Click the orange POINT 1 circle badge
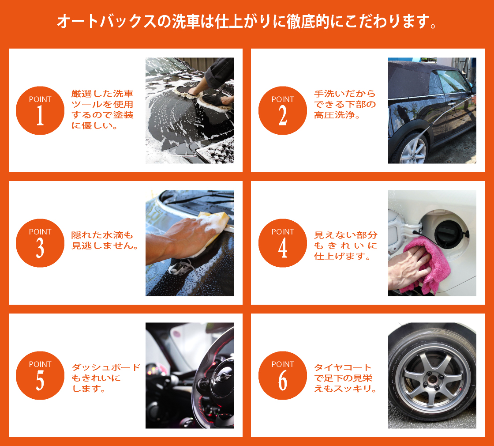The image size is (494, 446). (40, 110)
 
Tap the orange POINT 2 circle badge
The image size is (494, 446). (283, 110)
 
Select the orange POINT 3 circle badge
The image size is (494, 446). (40, 243)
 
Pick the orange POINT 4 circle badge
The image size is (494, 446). (283, 243)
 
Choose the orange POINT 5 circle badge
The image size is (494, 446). (40, 375)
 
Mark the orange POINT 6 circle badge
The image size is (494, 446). (283, 375)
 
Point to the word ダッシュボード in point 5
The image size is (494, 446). (106, 367)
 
